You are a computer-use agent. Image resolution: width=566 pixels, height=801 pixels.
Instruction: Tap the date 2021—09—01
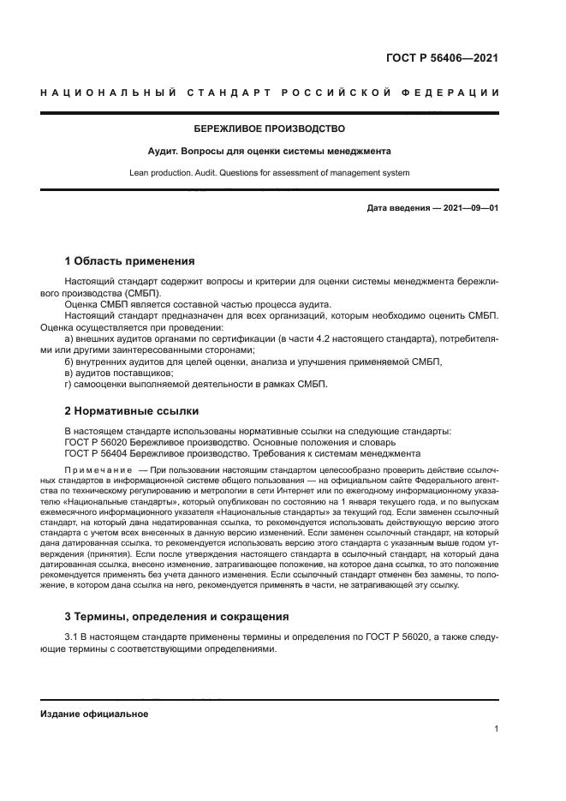[x=471, y=208]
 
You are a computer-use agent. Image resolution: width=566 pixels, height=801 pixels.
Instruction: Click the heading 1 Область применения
[x=130, y=261]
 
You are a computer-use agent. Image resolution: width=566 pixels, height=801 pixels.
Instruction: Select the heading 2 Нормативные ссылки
[x=132, y=409]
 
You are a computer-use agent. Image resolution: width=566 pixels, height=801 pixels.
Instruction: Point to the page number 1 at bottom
[x=496, y=729]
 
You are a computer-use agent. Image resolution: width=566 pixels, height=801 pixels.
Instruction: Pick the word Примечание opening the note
[x=98, y=471]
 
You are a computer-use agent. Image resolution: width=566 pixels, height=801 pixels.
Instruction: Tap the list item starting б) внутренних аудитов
[x=253, y=362]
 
